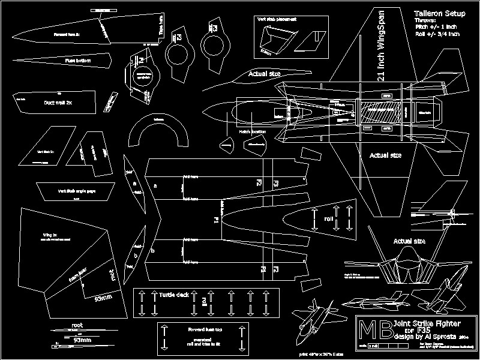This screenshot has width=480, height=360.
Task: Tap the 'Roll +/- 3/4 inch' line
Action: (437, 35)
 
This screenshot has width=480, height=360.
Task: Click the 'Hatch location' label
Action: (253, 131)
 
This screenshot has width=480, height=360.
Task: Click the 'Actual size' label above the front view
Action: (409, 241)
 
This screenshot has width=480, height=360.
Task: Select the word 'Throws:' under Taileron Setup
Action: (426, 20)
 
